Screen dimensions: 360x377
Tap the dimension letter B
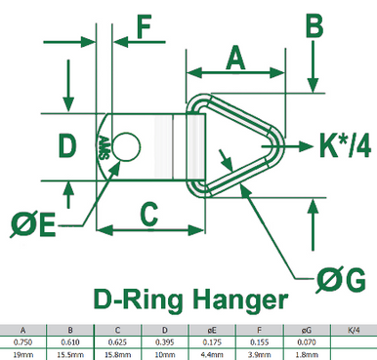pyautogui.click(x=314, y=25)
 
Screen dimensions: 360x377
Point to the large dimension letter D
pyautogui.click(x=66, y=146)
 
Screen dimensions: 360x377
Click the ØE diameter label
pyautogui.click(x=32, y=223)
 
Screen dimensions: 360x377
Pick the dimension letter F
pyautogui.click(x=143, y=25)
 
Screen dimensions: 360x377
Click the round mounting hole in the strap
pyautogui.click(x=123, y=147)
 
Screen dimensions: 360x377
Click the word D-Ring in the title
pyautogui.click(x=137, y=299)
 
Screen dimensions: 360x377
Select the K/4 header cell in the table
pyautogui.click(x=353, y=330)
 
